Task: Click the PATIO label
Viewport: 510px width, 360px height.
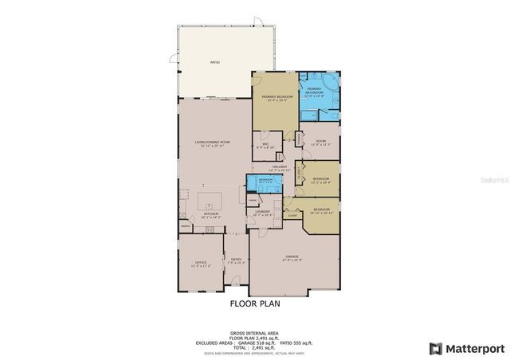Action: pos(214,61)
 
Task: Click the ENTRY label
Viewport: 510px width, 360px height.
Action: pos(235,260)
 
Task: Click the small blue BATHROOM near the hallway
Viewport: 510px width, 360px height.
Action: pos(265,182)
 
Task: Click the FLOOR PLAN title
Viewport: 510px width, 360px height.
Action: pos(255,303)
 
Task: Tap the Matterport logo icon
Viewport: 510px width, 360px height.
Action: pos(435,348)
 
